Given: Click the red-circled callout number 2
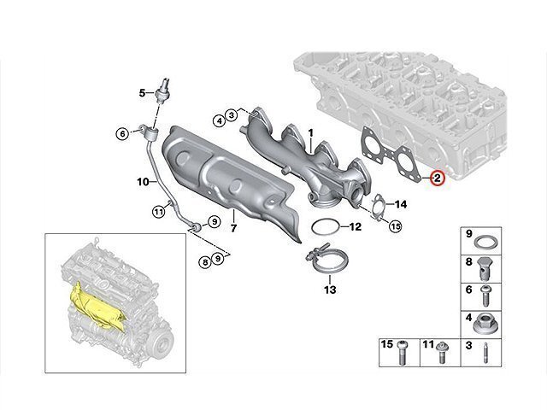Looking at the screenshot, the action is click(437, 179).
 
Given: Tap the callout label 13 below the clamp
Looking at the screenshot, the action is click(330, 290).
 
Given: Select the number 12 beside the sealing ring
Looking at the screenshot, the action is click(356, 227).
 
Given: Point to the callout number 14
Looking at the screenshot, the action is click(401, 204).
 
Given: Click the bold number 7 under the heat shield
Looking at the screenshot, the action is click(233, 228).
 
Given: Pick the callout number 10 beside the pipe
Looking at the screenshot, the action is click(143, 182).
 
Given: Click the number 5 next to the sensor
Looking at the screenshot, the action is click(142, 93).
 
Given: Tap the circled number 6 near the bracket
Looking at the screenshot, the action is click(122, 133).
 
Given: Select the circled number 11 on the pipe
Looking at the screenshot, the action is click(159, 211).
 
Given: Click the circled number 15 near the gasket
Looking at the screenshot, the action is click(395, 226).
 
